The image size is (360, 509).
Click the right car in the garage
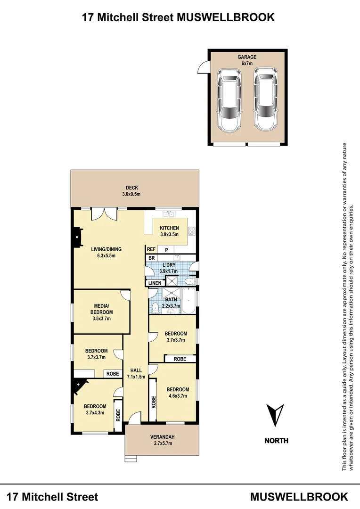coord(266,99)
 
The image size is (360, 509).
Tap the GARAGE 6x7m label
coord(247,60)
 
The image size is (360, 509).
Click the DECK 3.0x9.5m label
coord(132,191)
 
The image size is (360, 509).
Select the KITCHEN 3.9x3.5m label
coord(169,231)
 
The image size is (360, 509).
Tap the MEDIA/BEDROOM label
coord(101,312)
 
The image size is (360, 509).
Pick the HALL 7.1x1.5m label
coord(136,373)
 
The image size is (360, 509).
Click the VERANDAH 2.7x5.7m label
coord(162,440)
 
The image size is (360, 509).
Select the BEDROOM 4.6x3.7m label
coord(178,392)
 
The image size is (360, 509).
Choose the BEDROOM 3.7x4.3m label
coord(96,409)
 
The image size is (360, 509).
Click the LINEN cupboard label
coord(155,283)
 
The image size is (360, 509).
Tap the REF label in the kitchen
coord(151,249)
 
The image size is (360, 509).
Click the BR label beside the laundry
coord(151,258)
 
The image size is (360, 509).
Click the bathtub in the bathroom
coord(188,302)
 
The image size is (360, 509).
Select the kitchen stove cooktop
coord(192,231)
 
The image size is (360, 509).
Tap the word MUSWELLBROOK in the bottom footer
coord(299,497)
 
